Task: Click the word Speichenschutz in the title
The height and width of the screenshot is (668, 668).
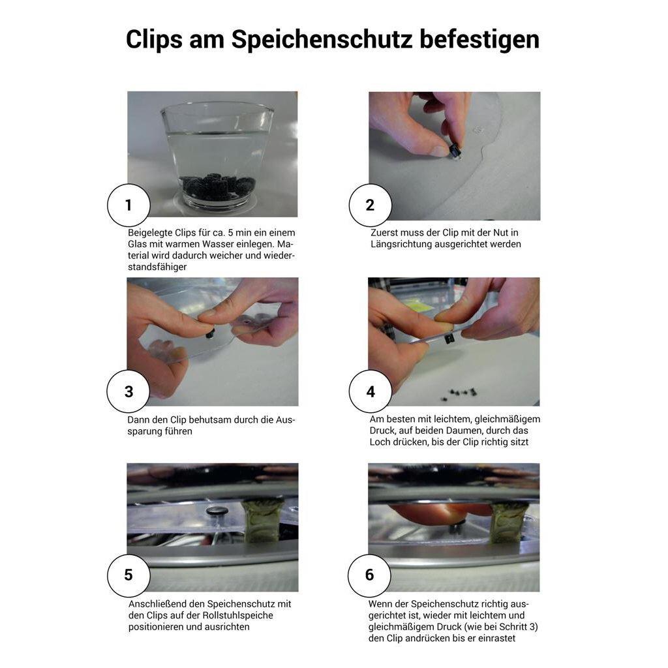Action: pyautogui.click(x=322, y=40)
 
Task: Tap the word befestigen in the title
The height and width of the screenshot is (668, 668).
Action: pyautogui.click(x=479, y=40)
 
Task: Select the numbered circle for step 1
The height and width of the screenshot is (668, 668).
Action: pyautogui.click(x=129, y=205)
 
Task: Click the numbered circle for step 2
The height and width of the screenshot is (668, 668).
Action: pyautogui.click(x=371, y=205)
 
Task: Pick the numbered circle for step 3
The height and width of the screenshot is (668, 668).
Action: pyautogui.click(x=129, y=391)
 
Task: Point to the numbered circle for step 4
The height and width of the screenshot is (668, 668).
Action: pyautogui.click(x=371, y=391)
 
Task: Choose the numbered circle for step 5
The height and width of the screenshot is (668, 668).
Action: pyautogui.click(x=129, y=575)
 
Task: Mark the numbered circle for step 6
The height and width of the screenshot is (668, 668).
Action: pyautogui.click(x=369, y=575)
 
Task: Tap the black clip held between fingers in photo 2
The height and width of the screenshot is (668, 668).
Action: pyautogui.click(x=455, y=151)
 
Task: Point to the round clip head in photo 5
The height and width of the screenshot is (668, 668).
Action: pyautogui.click(x=217, y=510)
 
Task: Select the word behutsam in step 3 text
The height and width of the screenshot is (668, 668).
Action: pyautogui.click(x=209, y=419)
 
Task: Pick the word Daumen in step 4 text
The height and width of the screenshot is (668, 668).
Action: pyautogui.click(x=466, y=431)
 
